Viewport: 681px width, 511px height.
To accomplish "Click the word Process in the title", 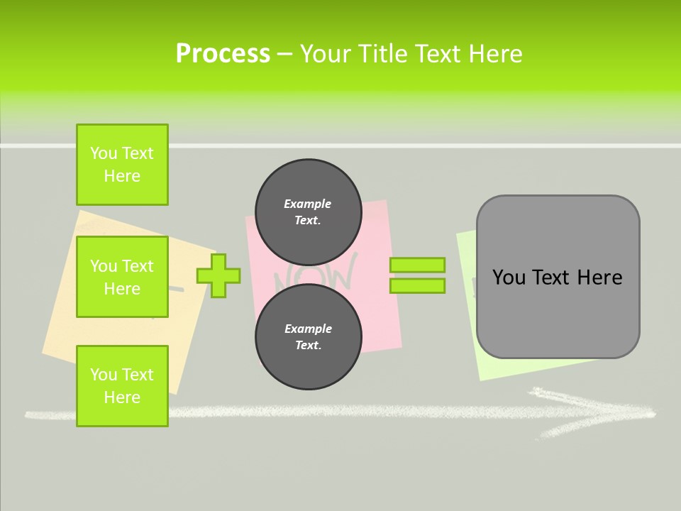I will tap(223, 54).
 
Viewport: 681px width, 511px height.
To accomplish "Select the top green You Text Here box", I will tap(122, 165).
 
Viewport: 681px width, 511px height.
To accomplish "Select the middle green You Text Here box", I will tap(122, 277).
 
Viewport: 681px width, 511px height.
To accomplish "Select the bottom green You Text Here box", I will tap(122, 385).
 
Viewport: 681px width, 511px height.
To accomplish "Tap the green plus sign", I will tap(218, 275).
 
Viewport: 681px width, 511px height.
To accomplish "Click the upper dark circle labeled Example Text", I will tap(308, 212).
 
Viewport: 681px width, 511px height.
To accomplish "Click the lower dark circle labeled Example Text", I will tap(308, 337).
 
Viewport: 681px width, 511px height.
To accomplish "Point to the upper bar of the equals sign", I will tap(417, 265).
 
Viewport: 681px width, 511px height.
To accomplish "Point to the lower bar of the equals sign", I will tap(417, 286).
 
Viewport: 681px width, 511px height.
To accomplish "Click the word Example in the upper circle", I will tap(307, 204).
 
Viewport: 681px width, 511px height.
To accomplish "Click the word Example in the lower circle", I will tap(308, 329).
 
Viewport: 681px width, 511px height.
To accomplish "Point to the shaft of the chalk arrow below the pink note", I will tap(319, 411).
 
